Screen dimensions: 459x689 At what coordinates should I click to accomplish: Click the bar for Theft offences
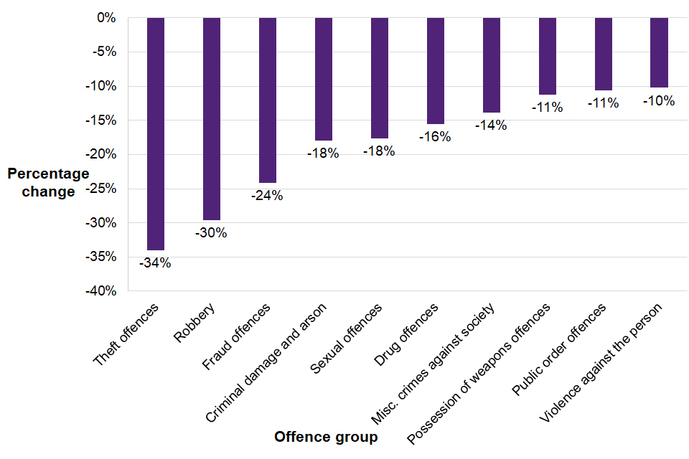coord(156,134)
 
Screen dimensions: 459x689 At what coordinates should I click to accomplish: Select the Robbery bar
coord(212,119)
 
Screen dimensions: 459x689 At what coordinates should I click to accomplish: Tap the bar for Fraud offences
coord(268,100)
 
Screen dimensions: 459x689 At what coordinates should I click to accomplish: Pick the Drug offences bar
coord(436,71)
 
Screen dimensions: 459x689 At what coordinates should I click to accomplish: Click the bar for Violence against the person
coord(659,52)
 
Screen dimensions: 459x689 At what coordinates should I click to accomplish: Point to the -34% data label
coord(156,262)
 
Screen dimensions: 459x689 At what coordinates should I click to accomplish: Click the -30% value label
coord(212,232)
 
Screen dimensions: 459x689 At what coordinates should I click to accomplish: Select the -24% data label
coord(268,195)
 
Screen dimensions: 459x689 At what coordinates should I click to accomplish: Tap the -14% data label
coord(492,125)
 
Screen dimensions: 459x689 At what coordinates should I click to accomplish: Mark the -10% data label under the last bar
coord(659,101)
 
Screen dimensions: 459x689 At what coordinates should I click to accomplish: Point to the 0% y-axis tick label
coord(107,18)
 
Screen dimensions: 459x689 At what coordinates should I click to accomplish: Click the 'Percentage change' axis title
coord(48,182)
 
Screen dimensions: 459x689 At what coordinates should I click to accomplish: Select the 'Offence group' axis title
coord(326,437)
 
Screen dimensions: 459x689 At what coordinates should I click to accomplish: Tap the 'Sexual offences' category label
coord(346,339)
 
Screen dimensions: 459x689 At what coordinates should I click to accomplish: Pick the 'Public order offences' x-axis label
coord(558,349)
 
